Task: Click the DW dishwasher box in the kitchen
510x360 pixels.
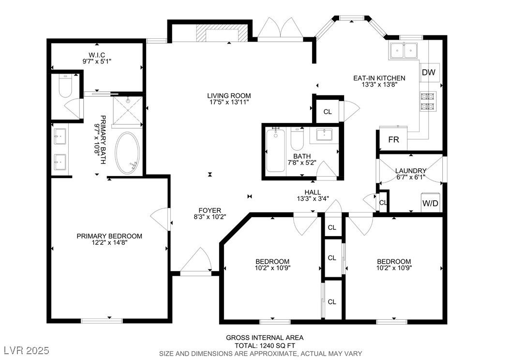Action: pyautogui.click(x=429, y=72)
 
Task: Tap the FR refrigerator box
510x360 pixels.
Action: pyautogui.click(x=393, y=139)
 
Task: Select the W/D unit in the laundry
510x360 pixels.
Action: pyautogui.click(x=430, y=203)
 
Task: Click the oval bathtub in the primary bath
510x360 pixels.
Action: pyautogui.click(x=128, y=153)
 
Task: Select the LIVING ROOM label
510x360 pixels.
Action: pyautogui.click(x=229, y=96)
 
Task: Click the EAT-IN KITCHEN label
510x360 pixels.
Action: pyautogui.click(x=379, y=78)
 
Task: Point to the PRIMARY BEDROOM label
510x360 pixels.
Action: pyautogui.click(x=109, y=236)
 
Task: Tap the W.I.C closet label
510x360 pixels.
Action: pyautogui.click(x=97, y=55)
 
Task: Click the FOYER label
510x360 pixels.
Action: pyautogui.click(x=210, y=210)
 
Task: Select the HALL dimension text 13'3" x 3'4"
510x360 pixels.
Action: pyautogui.click(x=313, y=198)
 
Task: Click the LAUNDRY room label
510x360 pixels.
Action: pyautogui.click(x=411, y=171)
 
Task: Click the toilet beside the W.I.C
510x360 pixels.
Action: pyautogui.click(x=65, y=86)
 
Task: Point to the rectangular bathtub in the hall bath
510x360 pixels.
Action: pyautogui.click(x=275, y=150)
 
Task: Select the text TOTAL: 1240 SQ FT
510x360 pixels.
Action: pyautogui.click(x=265, y=345)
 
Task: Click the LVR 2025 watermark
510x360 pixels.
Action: pyautogui.click(x=26, y=350)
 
